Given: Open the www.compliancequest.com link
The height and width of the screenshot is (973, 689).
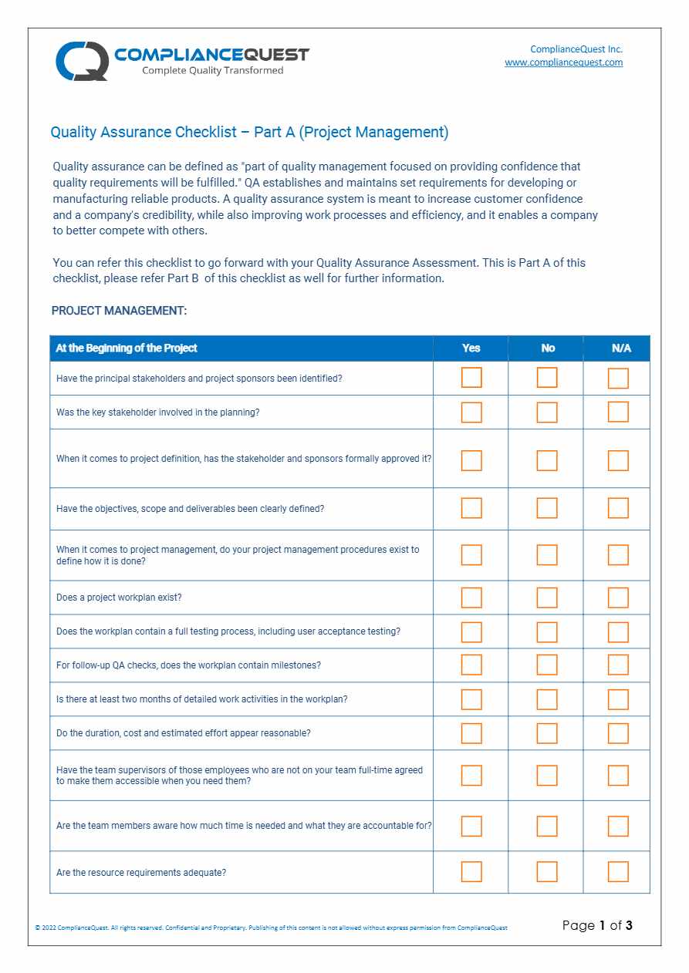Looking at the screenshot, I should coord(563,62).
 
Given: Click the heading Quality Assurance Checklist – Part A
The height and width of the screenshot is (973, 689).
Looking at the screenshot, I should coord(249,132).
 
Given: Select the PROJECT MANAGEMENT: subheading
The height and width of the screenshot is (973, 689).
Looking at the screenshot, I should coord(119,311).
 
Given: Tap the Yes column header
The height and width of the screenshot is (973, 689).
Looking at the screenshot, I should coord(471,348).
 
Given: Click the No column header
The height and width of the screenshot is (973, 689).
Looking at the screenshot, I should coord(547,348).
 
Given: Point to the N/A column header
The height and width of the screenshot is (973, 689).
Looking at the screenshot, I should coord(620,348).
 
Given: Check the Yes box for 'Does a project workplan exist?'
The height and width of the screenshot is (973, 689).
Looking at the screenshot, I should coord(471,598).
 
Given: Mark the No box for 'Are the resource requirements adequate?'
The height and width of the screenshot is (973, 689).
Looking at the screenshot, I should coord(547,872).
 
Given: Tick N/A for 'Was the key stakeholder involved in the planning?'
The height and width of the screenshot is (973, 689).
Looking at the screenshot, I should coord(618,412).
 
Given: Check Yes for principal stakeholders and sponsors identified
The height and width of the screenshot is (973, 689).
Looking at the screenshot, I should coord(471,378).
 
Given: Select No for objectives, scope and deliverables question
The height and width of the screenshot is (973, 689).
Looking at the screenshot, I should coord(547,508).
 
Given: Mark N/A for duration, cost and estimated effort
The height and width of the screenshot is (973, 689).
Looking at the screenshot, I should coord(618,733).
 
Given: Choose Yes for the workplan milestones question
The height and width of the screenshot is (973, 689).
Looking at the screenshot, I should coord(471,665).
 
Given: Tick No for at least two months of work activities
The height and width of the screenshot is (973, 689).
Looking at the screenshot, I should coord(547,699).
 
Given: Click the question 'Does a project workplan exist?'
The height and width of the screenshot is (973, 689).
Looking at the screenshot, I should coord(119,598).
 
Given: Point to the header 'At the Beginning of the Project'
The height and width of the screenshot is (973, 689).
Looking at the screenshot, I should coord(127,348).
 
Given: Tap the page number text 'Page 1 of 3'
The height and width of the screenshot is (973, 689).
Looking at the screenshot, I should coord(597,925).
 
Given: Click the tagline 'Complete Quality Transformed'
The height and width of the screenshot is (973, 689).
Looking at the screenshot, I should coord(212,71).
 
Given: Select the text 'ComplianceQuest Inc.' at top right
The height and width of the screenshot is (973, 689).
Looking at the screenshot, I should coord(576,49).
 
